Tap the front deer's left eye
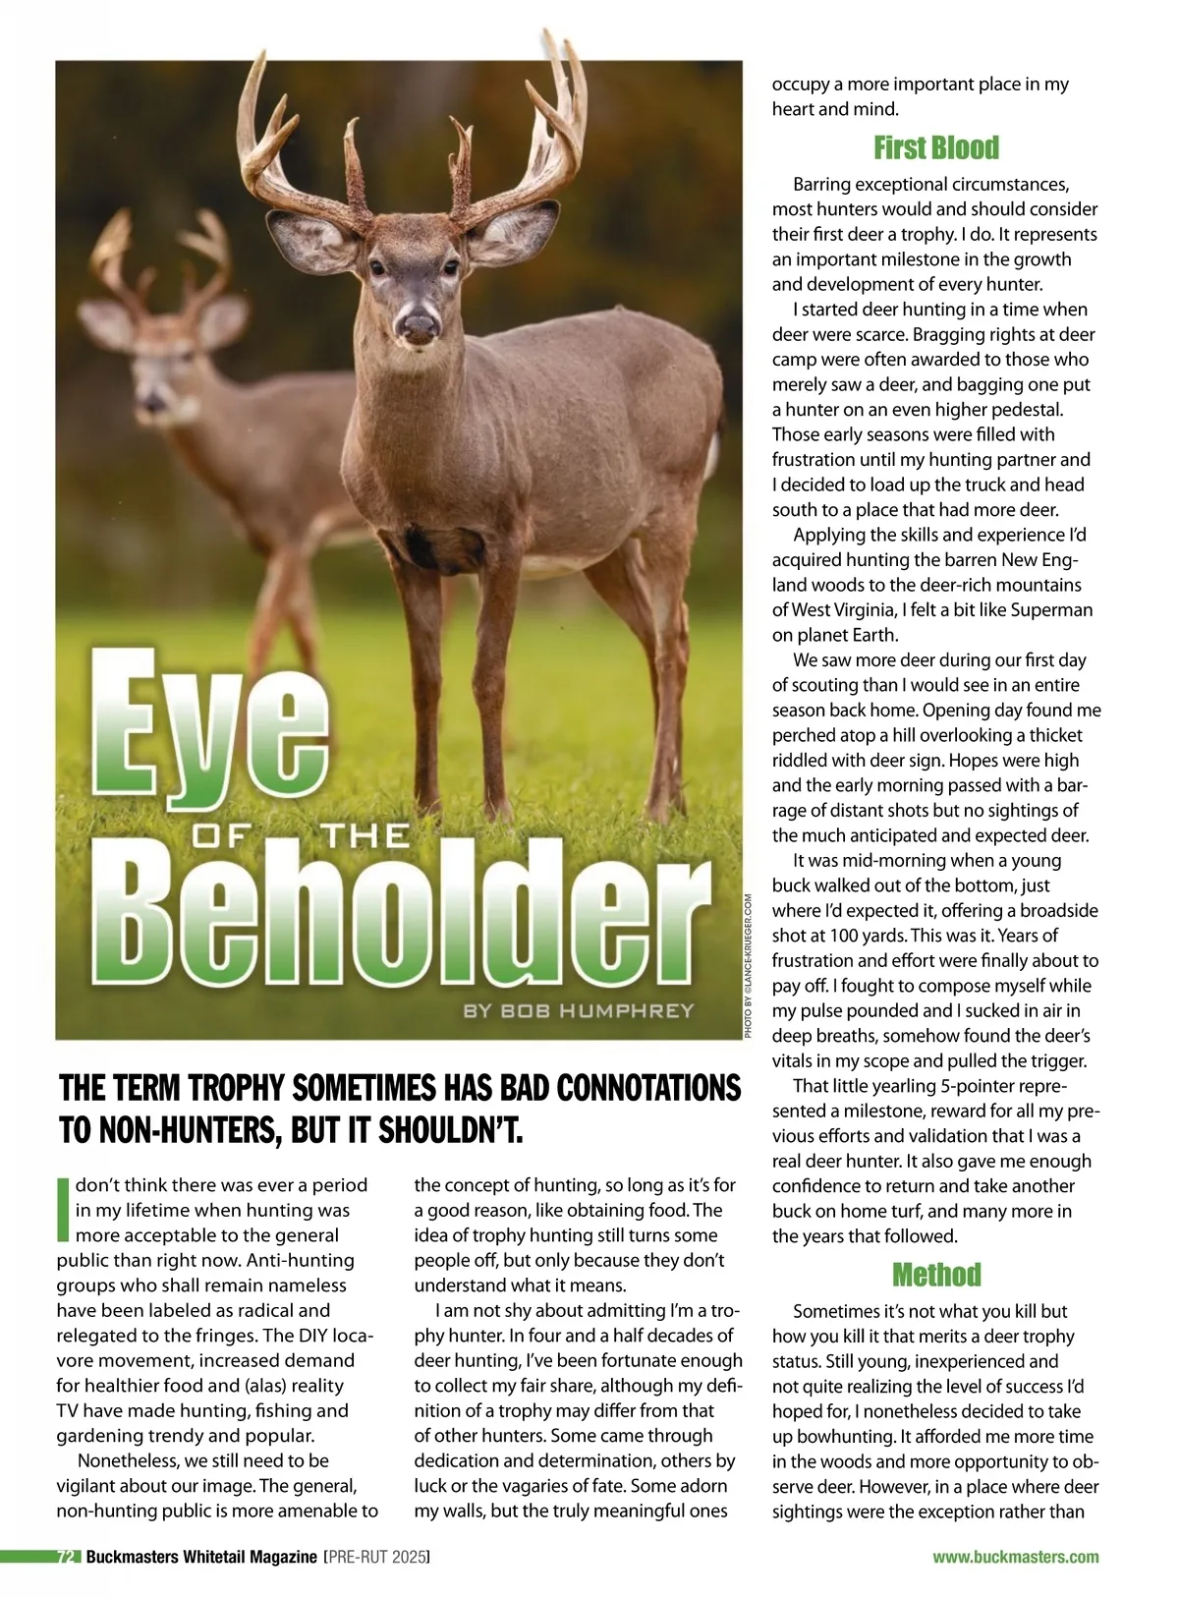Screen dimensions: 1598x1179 pyautogui.click(x=378, y=267)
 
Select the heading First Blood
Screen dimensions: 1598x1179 pyautogui.click(x=935, y=148)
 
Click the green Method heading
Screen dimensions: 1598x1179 pyautogui.click(x=935, y=1275)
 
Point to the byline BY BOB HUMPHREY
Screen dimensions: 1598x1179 pyautogui.click(x=579, y=1010)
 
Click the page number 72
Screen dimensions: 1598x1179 pyautogui.click(x=67, y=1557)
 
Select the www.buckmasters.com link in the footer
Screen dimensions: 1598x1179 pyautogui.click(x=1015, y=1557)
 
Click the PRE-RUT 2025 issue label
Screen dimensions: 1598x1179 pyautogui.click(x=377, y=1557)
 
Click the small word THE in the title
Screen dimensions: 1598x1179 pyautogui.click(x=365, y=837)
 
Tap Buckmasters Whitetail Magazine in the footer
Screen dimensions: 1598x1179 pyautogui.click(x=200, y=1557)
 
